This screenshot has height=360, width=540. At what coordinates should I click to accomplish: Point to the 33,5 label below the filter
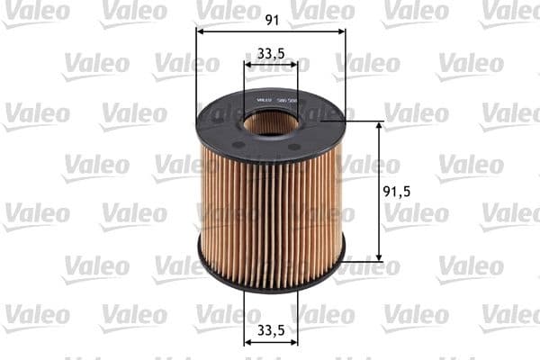tap(271, 328)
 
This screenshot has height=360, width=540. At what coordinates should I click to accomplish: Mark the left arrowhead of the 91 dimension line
tap(199, 31)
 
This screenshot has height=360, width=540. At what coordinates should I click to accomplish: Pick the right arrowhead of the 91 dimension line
tap(343, 31)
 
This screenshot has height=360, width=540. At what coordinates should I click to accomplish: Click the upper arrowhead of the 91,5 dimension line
tap(379, 125)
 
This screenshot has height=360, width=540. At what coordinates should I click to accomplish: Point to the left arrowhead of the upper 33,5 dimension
tap(247, 65)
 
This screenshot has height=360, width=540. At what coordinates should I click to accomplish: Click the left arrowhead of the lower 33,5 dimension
tap(247, 341)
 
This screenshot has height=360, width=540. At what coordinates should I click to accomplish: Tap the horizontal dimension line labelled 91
tap(234, 31)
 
